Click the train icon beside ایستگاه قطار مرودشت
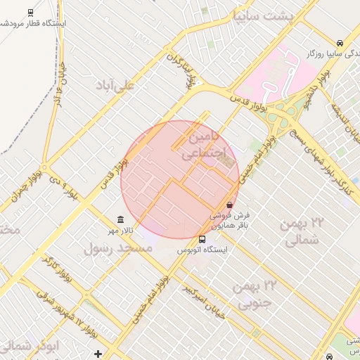tap(30, 13)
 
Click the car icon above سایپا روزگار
tap(340, 41)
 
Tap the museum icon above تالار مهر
tap(120, 219)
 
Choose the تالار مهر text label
tap(120, 231)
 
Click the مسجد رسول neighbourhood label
tap(117, 249)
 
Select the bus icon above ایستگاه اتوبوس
tap(202, 239)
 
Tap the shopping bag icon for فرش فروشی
tap(230, 205)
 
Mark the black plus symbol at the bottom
tap(98, 353)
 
